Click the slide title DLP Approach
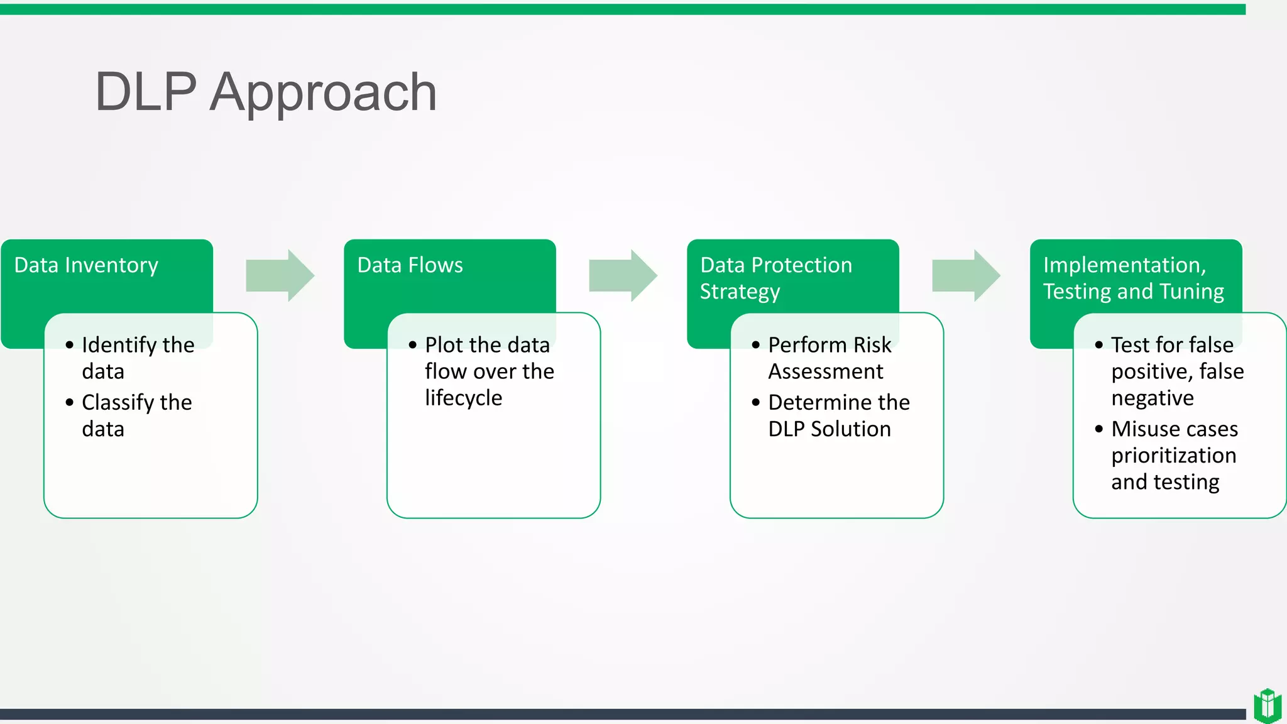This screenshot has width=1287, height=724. point(265,92)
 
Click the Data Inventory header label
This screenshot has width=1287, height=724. point(86,265)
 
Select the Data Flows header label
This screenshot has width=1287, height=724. point(410,265)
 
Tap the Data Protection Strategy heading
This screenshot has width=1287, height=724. point(775,278)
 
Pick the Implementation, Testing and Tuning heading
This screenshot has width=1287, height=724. point(1133,278)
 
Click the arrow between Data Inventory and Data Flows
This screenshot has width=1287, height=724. point(280,275)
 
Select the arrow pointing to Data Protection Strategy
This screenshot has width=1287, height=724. point(623,275)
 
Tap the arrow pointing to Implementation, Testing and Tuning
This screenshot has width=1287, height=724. point(966,275)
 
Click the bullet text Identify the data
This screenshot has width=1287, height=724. point(137,358)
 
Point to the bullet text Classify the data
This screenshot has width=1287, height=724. point(136,415)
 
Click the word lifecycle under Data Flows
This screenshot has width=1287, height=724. point(463,398)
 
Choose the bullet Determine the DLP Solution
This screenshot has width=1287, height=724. point(838,415)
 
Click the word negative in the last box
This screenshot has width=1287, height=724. point(1152,398)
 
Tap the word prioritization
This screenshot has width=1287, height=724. point(1173,455)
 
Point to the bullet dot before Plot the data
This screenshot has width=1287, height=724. point(412,345)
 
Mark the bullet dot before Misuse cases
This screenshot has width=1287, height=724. point(1098,429)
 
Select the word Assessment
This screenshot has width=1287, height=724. point(825,371)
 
